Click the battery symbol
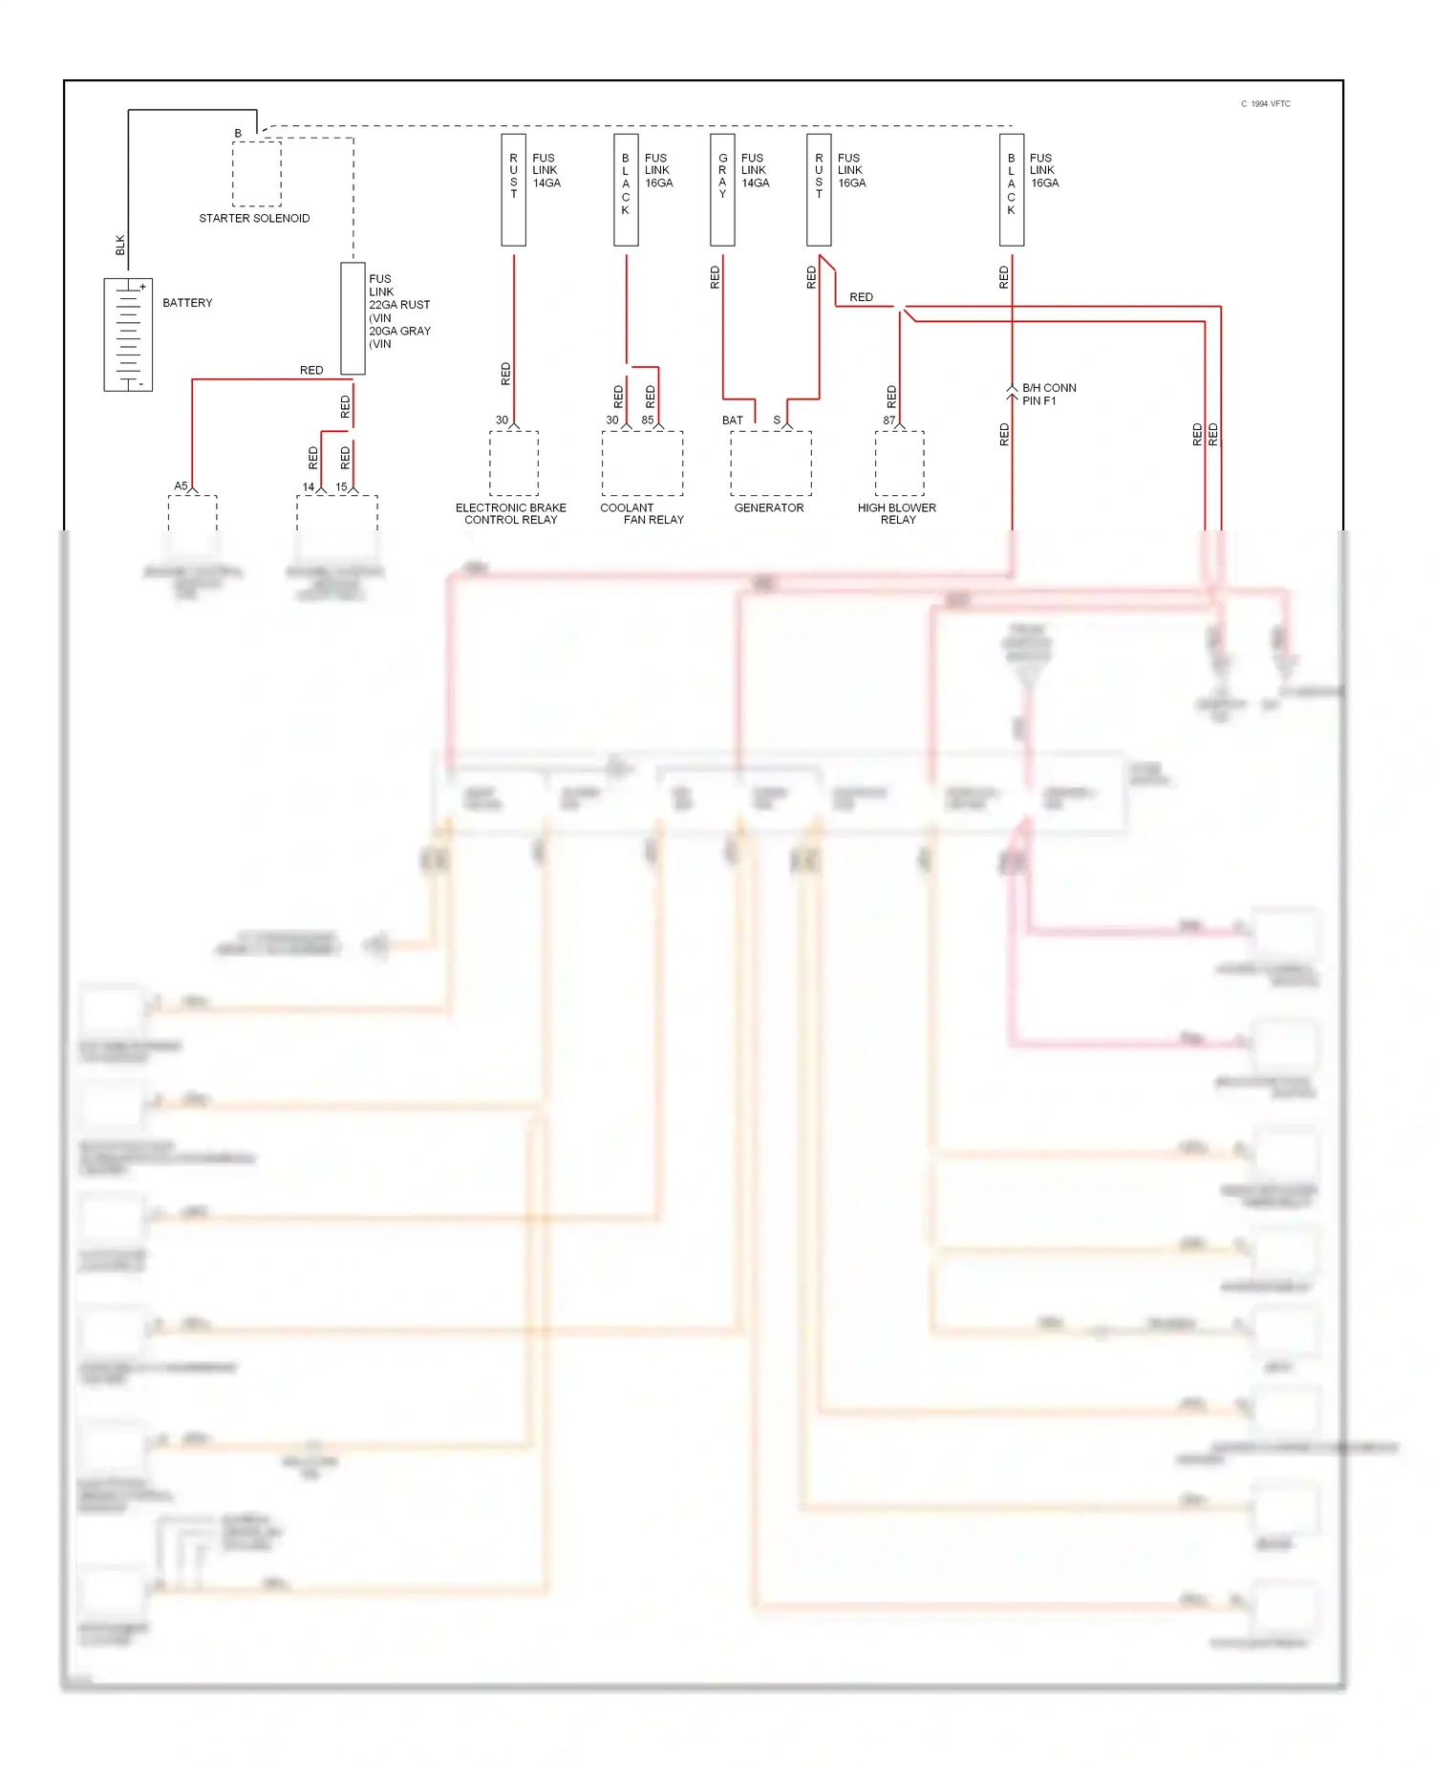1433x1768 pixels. (128, 334)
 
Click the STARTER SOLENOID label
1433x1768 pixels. (254, 219)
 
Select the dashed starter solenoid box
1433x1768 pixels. (257, 174)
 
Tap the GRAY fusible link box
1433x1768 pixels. (722, 189)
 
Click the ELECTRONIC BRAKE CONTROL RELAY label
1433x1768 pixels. (511, 514)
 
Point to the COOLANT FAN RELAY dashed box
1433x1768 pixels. (642, 464)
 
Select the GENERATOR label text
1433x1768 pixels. (769, 508)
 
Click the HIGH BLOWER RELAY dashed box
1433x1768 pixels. (899, 464)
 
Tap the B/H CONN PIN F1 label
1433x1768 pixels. (1049, 395)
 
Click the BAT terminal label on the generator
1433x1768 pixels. (733, 420)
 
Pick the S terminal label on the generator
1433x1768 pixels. (777, 420)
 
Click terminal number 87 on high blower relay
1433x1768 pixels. (888, 420)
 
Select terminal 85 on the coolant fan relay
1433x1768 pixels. (648, 420)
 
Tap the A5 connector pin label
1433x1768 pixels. (181, 486)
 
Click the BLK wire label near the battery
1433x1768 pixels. (120, 245)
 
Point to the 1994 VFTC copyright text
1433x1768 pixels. (1266, 104)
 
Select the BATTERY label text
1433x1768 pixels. (187, 303)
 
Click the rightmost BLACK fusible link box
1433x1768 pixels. (1012, 189)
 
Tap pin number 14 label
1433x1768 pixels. (309, 487)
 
